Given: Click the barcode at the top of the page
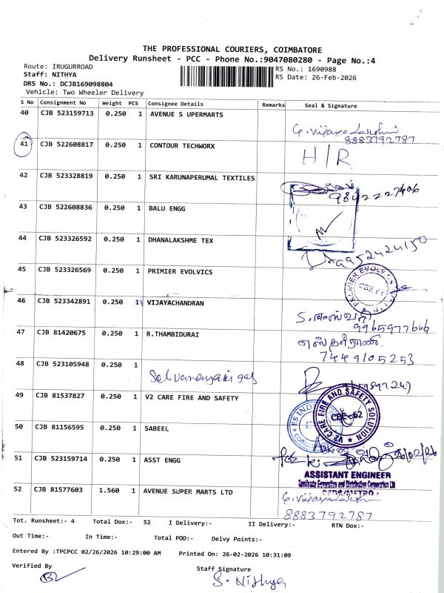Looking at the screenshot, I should (x=226, y=74).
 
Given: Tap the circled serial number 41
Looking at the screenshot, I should (x=24, y=145).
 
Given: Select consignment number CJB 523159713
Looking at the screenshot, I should (x=67, y=115).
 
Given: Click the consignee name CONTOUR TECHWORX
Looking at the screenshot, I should (x=182, y=146).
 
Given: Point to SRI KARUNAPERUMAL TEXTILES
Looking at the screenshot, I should (x=202, y=178).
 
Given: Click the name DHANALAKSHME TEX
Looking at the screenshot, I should (x=186, y=239).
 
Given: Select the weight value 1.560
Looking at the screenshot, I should (x=112, y=490).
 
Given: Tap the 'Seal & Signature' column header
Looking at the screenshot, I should (x=331, y=105).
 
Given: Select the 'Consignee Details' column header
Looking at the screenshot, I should (x=175, y=104).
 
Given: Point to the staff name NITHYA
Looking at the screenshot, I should (x=65, y=74).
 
